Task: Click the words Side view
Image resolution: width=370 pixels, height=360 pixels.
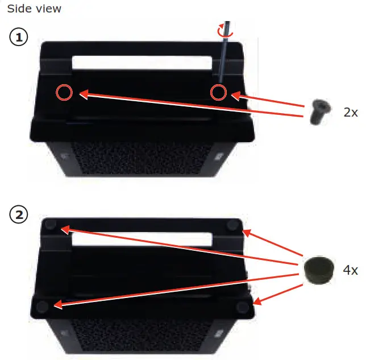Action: click(x=34, y=9)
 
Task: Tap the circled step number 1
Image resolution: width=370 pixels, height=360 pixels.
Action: click(x=19, y=38)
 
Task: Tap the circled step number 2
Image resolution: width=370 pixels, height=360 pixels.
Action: click(x=19, y=215)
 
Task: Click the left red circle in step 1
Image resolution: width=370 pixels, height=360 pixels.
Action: click(x=64, y=92)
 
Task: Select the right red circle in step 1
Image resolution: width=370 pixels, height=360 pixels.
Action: click(x=218, y=92)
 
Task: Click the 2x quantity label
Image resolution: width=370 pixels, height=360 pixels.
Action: click(x=351, y=112)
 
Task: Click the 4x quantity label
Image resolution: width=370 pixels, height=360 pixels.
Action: click(x=351, y=270)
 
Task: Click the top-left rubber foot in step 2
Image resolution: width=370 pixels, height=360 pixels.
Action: click(x=50, y=225)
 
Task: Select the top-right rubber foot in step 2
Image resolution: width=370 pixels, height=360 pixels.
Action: click(x=233, y=225)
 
